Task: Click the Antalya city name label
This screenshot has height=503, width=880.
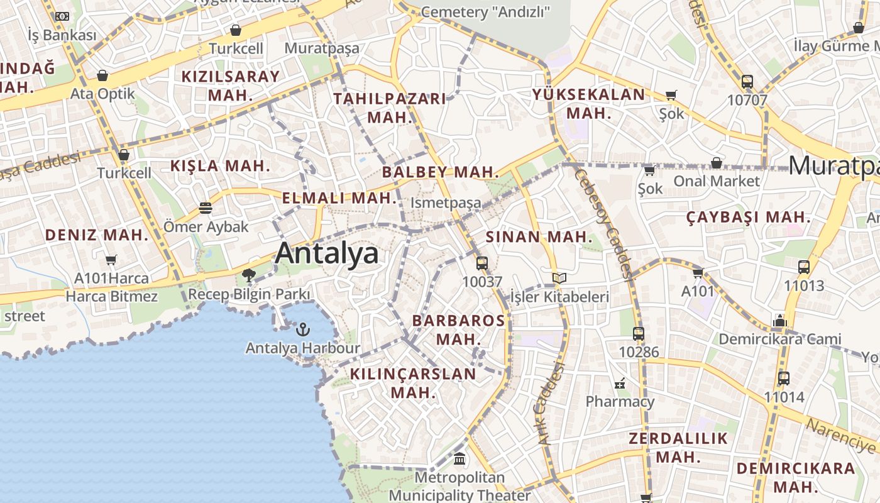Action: point(327,253)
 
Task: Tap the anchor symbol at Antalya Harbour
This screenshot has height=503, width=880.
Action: point(303,329)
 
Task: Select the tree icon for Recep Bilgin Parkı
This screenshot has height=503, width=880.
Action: point(249,275)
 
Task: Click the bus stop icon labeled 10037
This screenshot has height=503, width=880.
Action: point(482,263)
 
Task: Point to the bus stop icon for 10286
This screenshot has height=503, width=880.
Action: point(639,334)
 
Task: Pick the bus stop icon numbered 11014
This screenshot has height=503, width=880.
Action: point(784,379)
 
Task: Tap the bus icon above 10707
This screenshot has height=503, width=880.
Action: point(747,82)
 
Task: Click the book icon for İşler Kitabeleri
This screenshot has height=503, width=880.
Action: point(559,278)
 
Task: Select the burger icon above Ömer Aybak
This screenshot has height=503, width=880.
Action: point(206,207)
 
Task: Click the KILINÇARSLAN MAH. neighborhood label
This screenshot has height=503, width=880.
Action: point(413,383)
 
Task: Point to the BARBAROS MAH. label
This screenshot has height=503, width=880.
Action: point(458,329)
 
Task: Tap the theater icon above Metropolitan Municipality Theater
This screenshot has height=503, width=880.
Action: point(459,460)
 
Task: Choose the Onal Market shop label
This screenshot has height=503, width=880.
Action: point(717,181)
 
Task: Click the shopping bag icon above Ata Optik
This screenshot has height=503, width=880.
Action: point(102,76)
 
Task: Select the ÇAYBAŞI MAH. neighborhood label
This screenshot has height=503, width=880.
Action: point(748,218)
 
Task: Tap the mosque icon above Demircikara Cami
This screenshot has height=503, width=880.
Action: point(780,321)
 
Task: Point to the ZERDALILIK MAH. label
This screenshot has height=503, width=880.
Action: point(678,447)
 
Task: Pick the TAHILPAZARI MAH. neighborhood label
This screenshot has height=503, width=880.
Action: point(390,108)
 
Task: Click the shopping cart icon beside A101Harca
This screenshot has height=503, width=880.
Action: point(111,260)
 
